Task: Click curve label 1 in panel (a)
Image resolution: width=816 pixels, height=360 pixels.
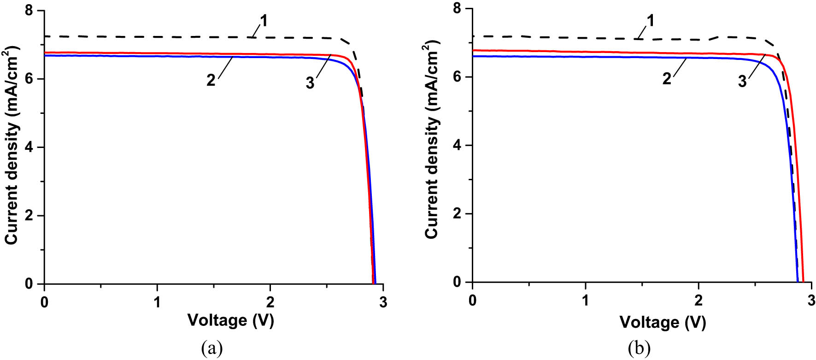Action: coord(264,21)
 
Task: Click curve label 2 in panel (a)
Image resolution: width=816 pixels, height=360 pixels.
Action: coord(211,80)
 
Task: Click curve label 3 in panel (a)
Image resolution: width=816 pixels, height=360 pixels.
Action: coord(310,83)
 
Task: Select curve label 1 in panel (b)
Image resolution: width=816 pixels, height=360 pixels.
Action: coord(650,21)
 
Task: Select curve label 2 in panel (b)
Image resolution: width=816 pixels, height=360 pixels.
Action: coord(667,79)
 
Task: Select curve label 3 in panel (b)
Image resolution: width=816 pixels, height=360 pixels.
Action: coord(742,82)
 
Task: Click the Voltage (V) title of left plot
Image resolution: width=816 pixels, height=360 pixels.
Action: coord(230,320)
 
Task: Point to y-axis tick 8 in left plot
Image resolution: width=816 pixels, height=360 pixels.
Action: coord(29,11)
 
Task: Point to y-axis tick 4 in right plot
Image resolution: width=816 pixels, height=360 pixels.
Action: coord(457,146)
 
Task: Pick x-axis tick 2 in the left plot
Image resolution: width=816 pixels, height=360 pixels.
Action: coord(270,302)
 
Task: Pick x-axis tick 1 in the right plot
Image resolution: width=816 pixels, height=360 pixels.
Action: coord(585,301)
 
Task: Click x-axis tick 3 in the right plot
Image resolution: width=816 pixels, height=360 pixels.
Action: coord(811,301)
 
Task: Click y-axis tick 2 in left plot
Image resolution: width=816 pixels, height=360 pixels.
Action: coord(29,216)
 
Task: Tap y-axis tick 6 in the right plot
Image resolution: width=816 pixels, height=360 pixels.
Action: coord(457,77)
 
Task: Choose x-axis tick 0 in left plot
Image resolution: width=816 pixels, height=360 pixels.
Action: coord(44,302)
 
